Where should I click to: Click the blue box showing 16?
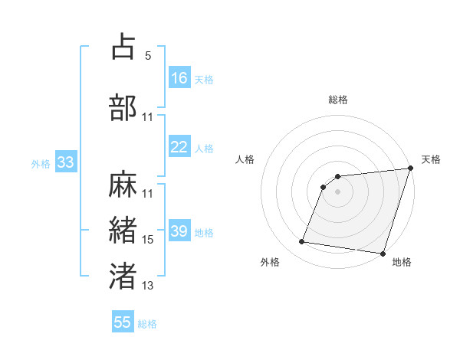click(x=179, y=78)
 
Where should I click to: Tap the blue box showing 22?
click(x=179, y=148)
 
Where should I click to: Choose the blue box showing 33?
click(x=65, y=163)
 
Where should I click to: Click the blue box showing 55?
click(x=123, y=322)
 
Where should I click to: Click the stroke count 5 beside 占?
click(x=148, y=56)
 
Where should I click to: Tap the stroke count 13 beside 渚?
click(x=148, y=286)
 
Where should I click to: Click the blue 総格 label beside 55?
click(x=147, y=324)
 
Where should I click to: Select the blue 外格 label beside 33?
click(x=41, y=164)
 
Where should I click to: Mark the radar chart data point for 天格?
click(x=410, y=169)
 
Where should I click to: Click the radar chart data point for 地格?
click(x=383, y=254)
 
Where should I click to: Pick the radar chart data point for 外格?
click(x=302, y=242)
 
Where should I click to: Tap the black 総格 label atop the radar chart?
click(x=338, y=100)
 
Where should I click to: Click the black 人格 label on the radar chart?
click(x=245, y=159)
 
